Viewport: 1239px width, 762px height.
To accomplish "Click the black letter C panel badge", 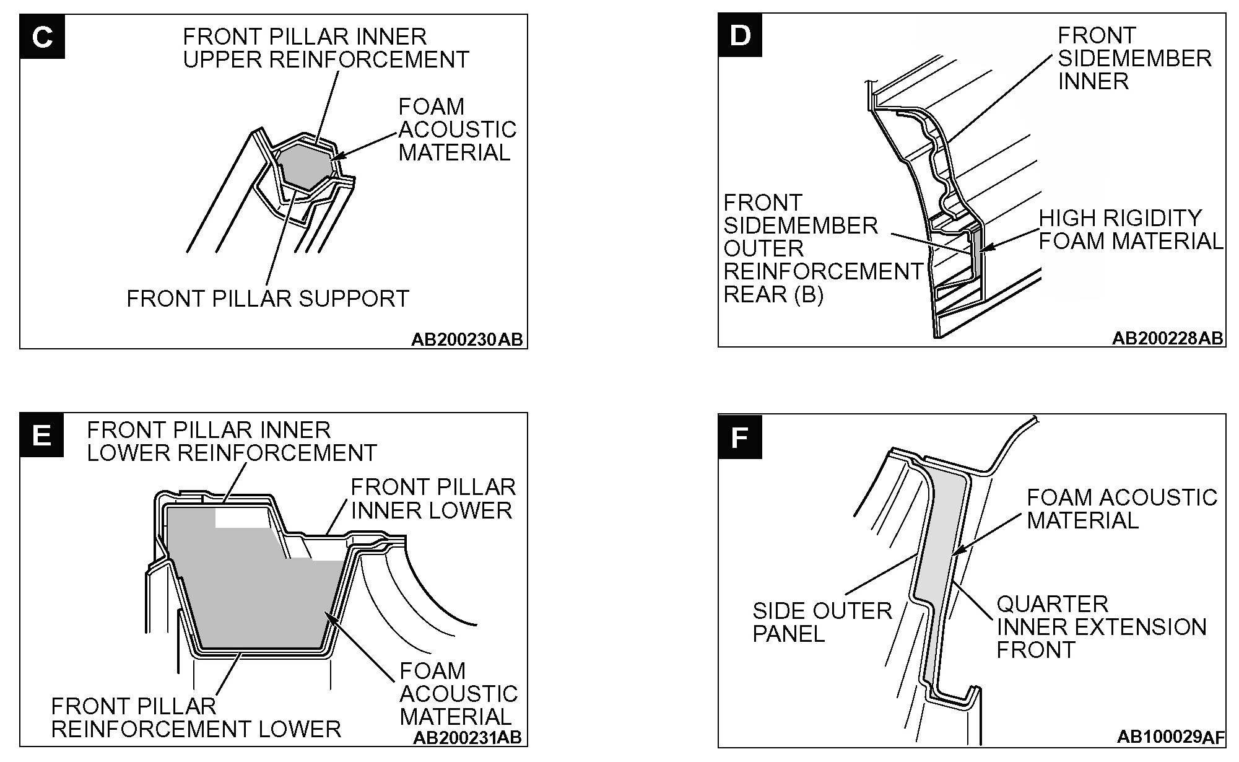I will [42, 37].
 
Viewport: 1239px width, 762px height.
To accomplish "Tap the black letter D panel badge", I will [740, 35].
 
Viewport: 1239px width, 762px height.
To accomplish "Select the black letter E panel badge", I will [41, 435].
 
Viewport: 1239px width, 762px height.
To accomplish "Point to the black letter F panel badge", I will [740, 437].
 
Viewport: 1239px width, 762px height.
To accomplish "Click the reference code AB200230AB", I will [467, 339].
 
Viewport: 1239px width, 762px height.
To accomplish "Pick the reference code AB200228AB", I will [1167, 338].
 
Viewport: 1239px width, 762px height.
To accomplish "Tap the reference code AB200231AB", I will [467, 737].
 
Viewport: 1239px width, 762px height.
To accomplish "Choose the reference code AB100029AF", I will [1170, 737].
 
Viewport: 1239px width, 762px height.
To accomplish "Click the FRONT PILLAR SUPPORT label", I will [267, 299].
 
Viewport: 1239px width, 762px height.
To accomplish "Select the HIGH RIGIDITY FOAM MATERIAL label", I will [1131, 229].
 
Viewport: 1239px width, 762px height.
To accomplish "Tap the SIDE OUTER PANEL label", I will [821, 622].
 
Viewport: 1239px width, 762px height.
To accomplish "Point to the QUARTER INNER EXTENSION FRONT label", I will [1101, 626].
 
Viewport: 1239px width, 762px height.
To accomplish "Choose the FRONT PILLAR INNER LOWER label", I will [433, 499].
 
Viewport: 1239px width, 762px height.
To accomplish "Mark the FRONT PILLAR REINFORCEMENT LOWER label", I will [196, 717].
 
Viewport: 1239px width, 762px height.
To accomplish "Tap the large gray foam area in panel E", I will [248, 589].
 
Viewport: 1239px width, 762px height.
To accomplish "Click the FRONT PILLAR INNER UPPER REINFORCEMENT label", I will [326, 48].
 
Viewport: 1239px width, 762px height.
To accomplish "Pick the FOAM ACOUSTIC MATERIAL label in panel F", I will [1121, 508].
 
